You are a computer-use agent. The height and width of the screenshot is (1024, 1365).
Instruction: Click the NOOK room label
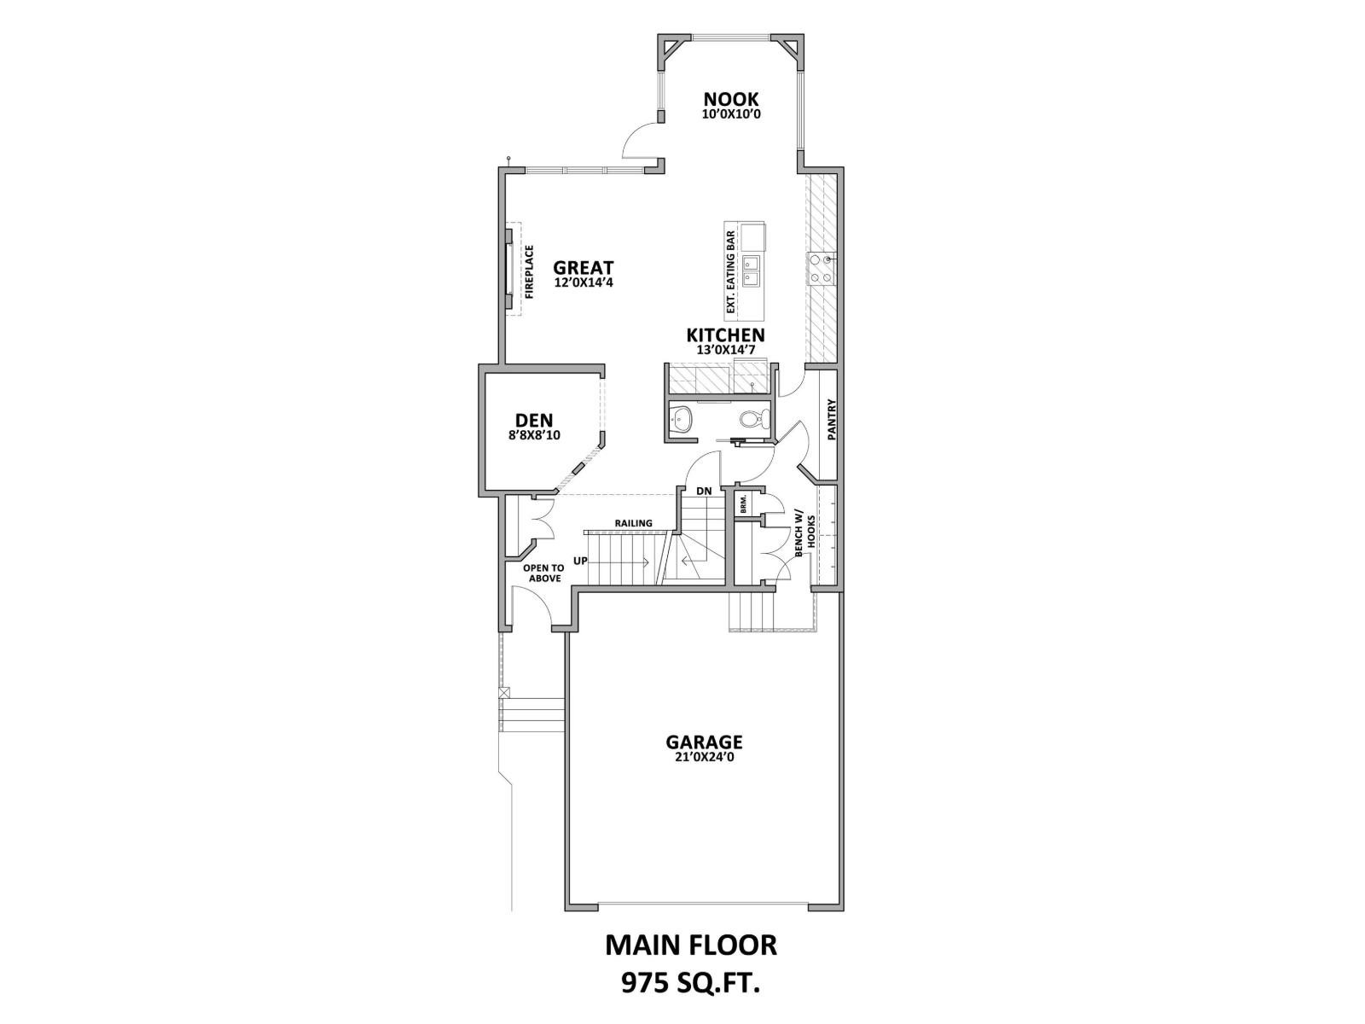(730, 99)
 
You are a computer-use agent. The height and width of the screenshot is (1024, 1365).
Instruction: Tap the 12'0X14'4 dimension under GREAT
(584, 282)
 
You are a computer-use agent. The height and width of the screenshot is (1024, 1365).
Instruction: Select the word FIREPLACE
(529, 272)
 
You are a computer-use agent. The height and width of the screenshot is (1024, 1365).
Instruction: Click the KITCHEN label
(725, 335)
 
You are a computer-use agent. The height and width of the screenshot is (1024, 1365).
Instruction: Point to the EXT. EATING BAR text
(730, 272)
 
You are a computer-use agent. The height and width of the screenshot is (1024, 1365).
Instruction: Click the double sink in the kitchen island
(751, 270)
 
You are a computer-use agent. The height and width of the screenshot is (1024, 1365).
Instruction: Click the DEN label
(534, 420)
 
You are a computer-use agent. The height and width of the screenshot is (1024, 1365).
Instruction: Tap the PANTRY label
(832, 420)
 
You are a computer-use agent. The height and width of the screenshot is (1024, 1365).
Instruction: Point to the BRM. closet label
(744, 503)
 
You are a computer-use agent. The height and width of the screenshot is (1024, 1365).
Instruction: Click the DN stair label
(704, 492)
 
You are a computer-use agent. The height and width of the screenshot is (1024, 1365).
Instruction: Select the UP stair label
(580, 561)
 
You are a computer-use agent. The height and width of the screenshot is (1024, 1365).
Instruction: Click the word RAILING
(633, 523)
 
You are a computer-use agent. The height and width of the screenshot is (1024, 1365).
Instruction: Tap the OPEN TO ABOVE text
(544, 573)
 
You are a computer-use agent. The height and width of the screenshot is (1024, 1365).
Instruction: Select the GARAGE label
(704, 742)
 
